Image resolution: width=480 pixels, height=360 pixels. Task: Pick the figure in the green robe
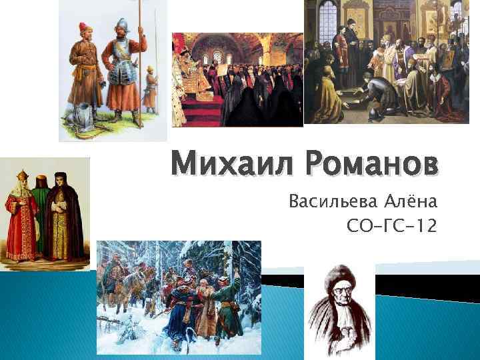point(41,213)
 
